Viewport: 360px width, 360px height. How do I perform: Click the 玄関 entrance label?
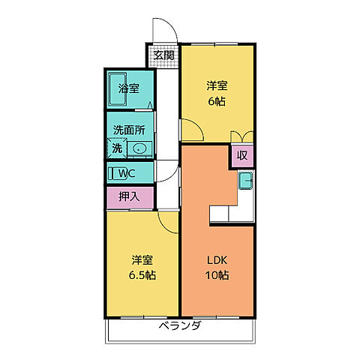(x=164, y=55)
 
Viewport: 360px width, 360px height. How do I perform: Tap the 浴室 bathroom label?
(x=129, y=88)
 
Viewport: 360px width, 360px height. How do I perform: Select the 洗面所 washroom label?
(x=128, y=129)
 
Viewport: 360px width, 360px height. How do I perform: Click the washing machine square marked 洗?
(x=117, y=148)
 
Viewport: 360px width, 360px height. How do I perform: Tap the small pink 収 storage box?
(x=241, y=155)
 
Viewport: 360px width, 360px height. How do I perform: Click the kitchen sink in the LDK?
(x=245, y=181)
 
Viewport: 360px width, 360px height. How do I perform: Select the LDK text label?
(x=217, y=260)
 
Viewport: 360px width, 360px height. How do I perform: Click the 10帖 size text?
(x=217, y=275)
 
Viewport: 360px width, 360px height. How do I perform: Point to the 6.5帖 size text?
(x=142, y=275)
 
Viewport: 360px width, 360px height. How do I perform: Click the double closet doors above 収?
(x=241, y=136)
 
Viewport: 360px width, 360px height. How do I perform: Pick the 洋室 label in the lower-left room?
(x=142, y=260)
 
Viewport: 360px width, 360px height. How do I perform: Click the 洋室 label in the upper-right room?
(x=217, y=85)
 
